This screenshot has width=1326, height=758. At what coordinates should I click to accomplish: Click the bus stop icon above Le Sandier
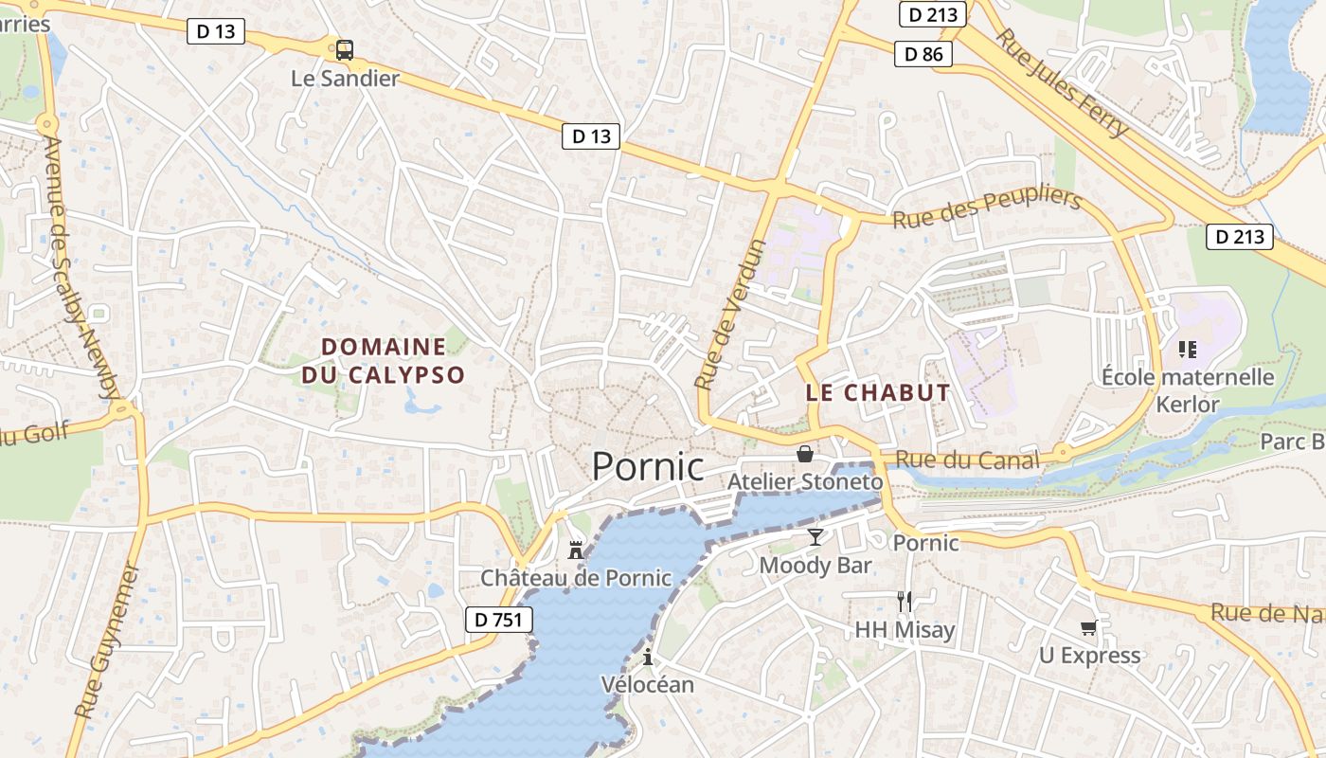click(x=345, y=50)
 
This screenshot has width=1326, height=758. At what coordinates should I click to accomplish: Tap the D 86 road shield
click(x=923, y=54)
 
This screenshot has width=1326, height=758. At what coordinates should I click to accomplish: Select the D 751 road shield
click(x=499, y=621)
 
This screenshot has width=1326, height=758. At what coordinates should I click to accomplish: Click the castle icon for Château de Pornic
click(x=575, y=550)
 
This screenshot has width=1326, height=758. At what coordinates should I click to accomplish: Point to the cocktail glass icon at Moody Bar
click(x=815, y=537)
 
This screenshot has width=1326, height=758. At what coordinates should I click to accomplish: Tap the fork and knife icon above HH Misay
click(x=905, y=601)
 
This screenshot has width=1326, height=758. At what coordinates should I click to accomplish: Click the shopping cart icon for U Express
click(x=1089, y=627)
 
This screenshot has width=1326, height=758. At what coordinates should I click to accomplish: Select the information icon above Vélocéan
click(x=648, y=656)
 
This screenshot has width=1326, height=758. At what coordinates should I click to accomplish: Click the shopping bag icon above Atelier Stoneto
click(x=805, y=454)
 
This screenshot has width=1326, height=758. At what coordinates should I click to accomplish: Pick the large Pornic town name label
click(x=648, y=467)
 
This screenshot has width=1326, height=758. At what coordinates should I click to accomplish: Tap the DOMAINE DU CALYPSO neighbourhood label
click(x=384, y=361)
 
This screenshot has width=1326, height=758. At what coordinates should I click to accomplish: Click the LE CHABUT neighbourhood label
click(x=878, y=393)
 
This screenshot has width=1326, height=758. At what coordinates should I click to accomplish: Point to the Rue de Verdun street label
click(x=730, y=316)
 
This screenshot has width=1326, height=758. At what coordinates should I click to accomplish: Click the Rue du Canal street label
click(x=967, y=460)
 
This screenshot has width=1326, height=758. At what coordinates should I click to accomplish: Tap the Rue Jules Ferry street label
click(x=1064, y=82)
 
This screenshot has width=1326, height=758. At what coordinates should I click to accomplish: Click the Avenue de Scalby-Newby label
click(x=81, y=268)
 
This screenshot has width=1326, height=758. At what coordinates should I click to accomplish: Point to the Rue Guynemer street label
click(x=106, y=641)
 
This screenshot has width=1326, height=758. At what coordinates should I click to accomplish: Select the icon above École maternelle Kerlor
click(x=1188, y=350)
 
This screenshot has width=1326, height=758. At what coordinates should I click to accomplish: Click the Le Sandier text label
click(x=345, y=79)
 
